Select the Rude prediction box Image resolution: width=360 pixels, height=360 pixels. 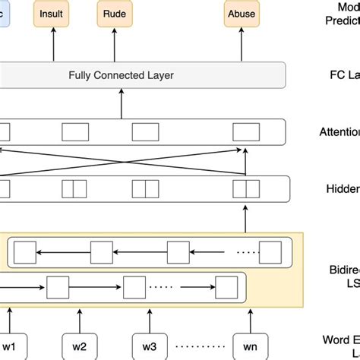point(115,13)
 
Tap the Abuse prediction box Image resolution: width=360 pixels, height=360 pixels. point(242,13)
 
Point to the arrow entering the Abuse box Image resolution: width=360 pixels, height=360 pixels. point(242,43)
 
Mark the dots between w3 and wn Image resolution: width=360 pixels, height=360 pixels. point(200,346)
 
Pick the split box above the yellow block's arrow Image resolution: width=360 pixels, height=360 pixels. point(245,188)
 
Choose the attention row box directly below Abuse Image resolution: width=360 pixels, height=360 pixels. point(245,131)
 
